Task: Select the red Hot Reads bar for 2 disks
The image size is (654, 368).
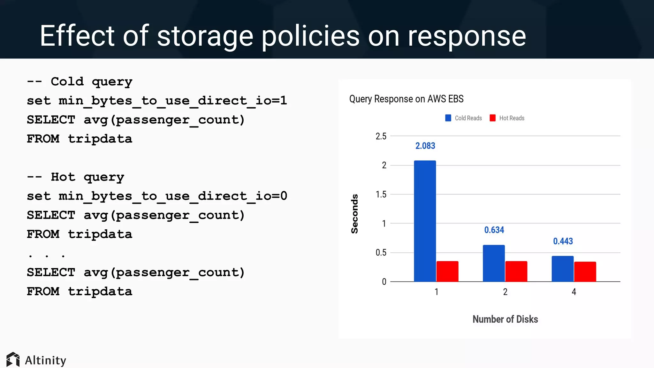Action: [516, 271]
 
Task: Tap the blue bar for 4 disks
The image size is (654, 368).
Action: [562, 269]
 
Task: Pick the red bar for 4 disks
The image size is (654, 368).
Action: [585, 272]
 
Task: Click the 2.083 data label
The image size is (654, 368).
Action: [425, 146]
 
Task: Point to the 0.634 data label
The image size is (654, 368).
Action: [494, 230]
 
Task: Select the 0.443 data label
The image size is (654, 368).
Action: [563, 241]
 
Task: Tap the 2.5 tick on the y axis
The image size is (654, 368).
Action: [381, 136]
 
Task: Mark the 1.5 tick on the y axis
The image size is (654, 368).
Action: [381, 195]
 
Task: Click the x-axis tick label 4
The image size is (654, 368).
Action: [574, 292]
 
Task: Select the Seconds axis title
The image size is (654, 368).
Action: [354, 214]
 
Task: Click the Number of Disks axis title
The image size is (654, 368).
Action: [505, 319]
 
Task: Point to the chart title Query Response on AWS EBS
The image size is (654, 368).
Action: [406, 99]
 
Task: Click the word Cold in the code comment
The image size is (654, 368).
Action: [67, 81]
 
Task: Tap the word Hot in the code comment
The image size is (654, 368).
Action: [63, 177]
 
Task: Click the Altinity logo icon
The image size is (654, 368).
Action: [13, 360]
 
